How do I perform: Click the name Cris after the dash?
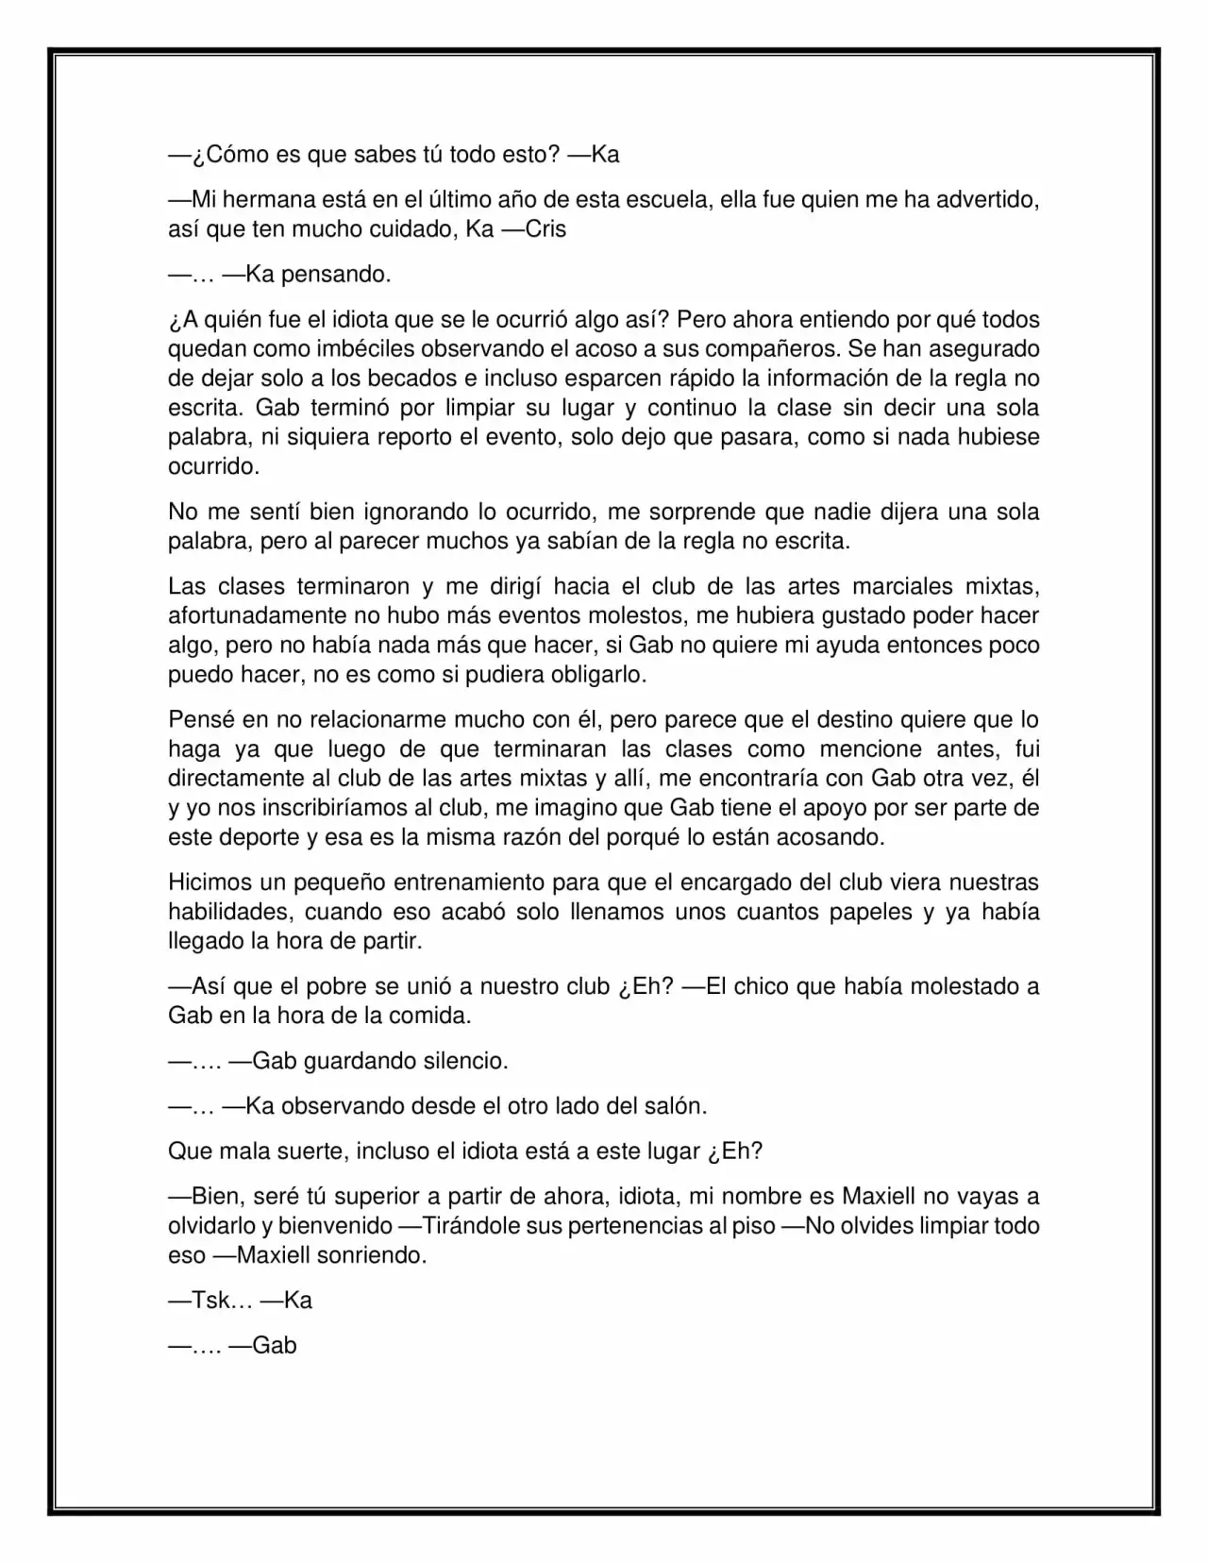click(x=545, y=229)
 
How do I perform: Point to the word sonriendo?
click(x=376, y=1255)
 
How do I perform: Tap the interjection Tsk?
click(x=210, y=1301)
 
